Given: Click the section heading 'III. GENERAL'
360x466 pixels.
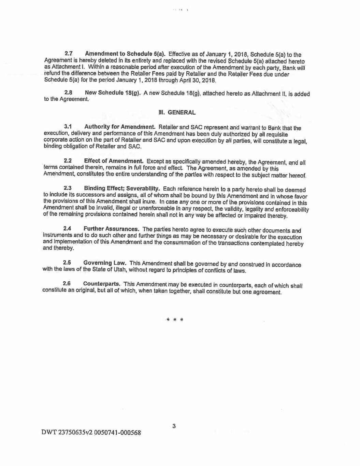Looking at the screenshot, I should pos(177,112).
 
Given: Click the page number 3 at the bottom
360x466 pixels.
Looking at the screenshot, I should pos(174,426).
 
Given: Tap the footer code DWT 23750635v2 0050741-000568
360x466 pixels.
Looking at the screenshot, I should pos(91,433).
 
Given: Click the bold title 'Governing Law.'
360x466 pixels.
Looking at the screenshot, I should pos(105,263).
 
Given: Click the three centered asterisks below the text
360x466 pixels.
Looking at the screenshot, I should pos(174,320).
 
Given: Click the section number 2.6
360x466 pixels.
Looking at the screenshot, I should pos(67,284).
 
